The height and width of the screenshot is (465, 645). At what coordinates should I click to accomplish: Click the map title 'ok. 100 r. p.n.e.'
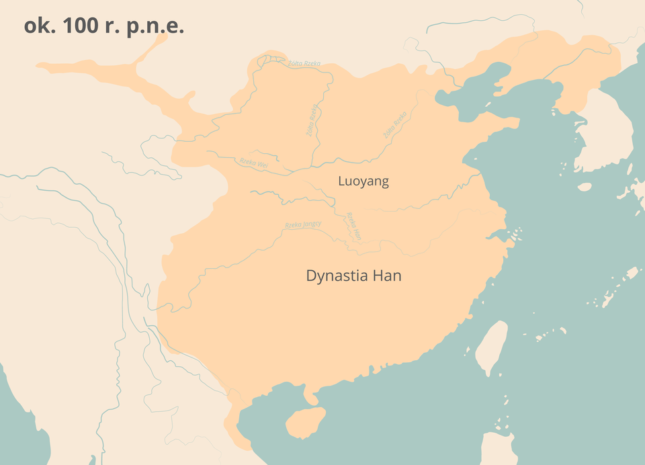coord(103,26)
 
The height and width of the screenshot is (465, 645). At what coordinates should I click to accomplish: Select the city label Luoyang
coord(363,181)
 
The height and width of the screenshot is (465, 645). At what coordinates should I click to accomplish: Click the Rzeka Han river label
coord(354,227)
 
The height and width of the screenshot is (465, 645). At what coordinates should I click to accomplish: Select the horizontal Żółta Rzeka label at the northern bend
coord(304,63)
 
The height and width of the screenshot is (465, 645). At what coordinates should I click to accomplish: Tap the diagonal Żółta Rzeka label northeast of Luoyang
coord(395,126)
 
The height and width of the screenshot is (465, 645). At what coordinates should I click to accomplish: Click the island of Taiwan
coord(492,347)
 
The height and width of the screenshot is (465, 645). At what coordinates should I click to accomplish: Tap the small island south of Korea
coord(584,187)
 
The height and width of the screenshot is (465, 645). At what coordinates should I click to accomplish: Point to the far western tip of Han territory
coord(42,66)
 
